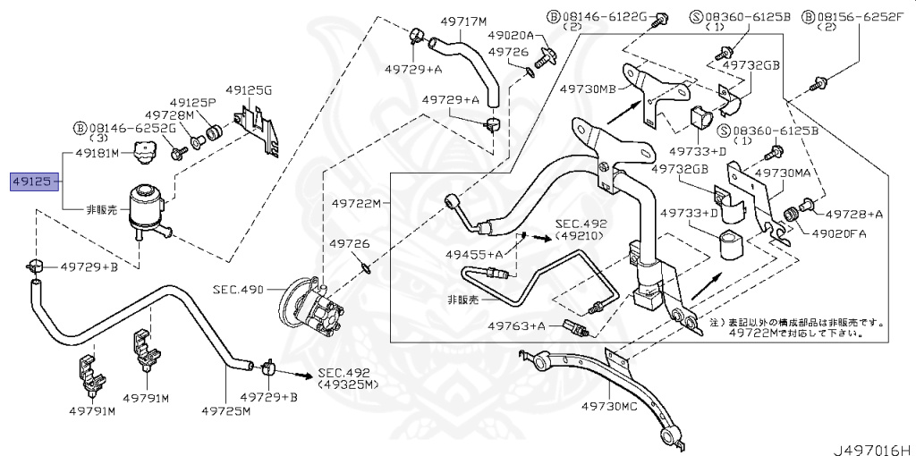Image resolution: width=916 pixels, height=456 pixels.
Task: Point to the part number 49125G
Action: point(248,90)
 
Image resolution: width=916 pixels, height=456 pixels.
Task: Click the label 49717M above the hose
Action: point(463,21)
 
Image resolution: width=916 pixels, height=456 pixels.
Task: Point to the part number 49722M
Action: point(353,203)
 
